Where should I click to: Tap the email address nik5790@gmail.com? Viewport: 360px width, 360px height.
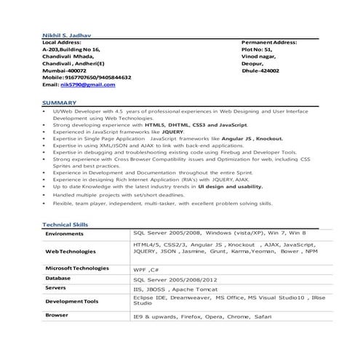[x=89, y=84]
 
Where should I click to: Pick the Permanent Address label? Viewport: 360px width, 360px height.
[x=268, y=42]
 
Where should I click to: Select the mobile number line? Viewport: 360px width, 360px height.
[x=87, y=76]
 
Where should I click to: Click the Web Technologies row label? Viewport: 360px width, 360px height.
[x=71, y=251]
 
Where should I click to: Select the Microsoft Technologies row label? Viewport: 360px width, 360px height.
[x=76, y=268]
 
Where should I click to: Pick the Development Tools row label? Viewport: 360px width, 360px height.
[x=72, y=301]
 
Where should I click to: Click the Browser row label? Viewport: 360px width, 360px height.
[x=57, y=315]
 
